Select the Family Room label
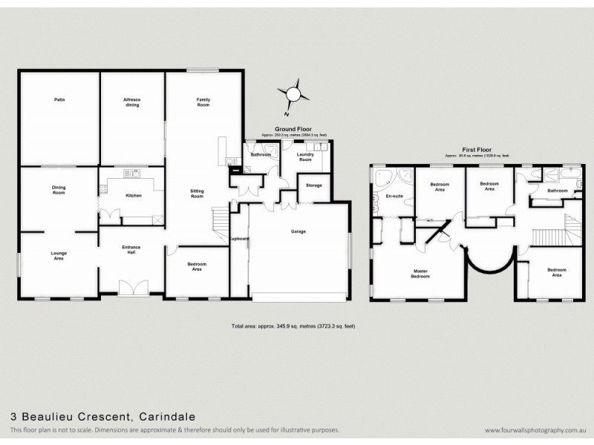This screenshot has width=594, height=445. (x=203, y=102)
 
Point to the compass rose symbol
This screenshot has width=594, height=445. (x=293, y=95)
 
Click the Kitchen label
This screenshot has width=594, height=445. (x=134, y=196)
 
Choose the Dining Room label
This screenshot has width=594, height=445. (x=59, y=189)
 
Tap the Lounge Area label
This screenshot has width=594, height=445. (x=59, y=256)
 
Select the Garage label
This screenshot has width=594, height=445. (x=298, y=231)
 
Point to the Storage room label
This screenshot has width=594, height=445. (x=313, y=185)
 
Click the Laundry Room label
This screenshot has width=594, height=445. (x=305, y=156)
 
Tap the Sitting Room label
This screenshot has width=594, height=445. (x=197, y=194)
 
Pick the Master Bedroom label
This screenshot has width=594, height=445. (x=421, y=274)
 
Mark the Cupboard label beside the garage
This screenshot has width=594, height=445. (x=239, y=239)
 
